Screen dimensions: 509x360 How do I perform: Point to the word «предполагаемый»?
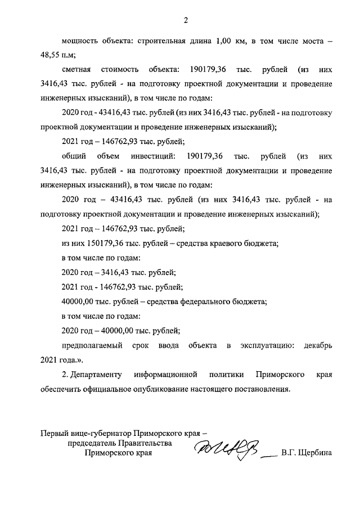point(91,344)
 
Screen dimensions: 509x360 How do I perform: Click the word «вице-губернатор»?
point(101,434)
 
